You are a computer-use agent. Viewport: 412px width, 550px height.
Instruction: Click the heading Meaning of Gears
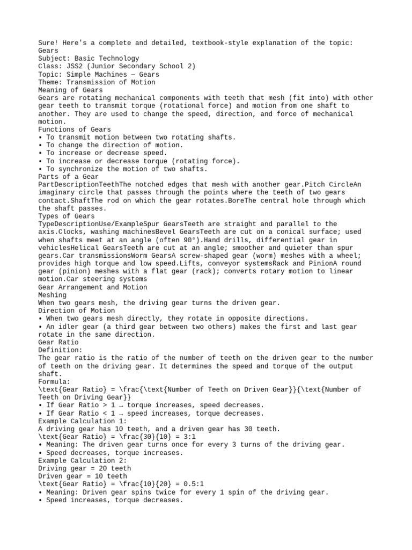(70, 90)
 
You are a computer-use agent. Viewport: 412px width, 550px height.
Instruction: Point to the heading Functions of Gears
(75, 129)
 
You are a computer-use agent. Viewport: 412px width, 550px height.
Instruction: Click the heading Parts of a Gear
(68, 177)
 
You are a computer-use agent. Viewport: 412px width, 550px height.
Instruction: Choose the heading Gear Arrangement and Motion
(92, 287)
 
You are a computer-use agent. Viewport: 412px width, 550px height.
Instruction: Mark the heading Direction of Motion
(76, 310)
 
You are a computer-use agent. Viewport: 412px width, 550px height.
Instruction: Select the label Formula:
(54, 381)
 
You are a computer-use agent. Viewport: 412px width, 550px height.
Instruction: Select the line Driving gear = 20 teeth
(84, 468)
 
